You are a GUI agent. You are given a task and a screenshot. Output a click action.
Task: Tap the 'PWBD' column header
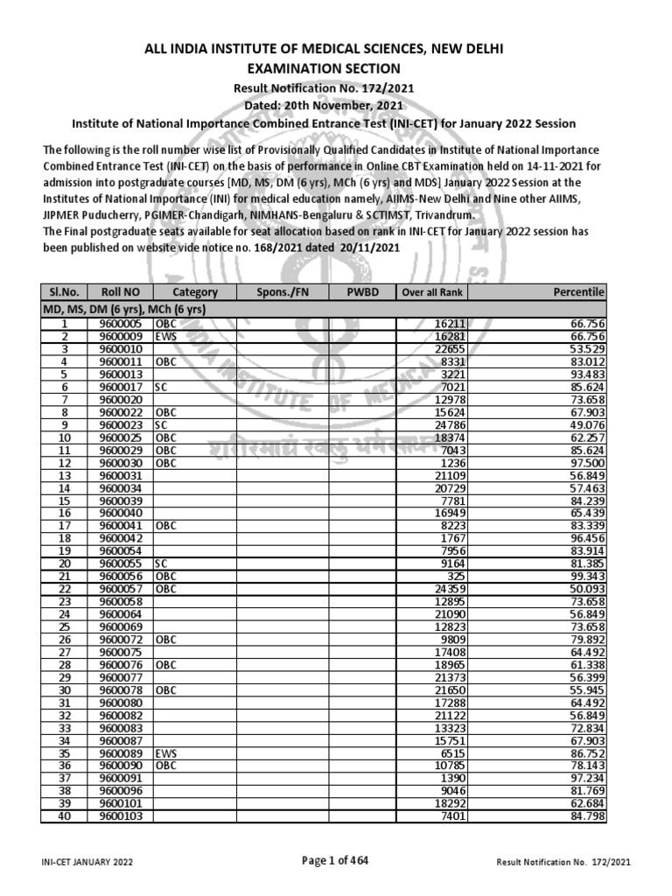363,292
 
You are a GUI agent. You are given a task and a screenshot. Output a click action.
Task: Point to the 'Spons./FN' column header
283,292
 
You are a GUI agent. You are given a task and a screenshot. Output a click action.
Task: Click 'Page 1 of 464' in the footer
335,861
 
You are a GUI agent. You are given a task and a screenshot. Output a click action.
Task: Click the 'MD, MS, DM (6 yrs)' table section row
122,309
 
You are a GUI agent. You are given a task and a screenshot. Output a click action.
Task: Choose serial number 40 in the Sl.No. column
64,817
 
